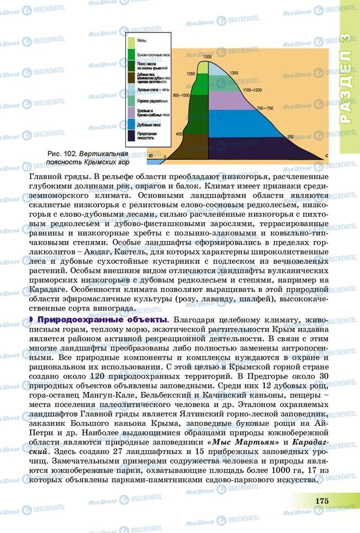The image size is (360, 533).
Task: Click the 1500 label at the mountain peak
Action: coord(208,56)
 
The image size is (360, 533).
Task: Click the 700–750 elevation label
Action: coord(265,108)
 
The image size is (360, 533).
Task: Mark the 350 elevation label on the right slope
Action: coord(290,136)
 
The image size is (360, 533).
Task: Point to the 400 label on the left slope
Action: coord(179,134)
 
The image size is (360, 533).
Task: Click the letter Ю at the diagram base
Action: coord(150,156)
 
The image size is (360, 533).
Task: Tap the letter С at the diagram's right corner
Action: coord(326,156)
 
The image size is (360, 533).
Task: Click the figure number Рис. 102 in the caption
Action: coord(62,155)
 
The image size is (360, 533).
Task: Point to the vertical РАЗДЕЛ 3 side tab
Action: coord(350,86)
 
